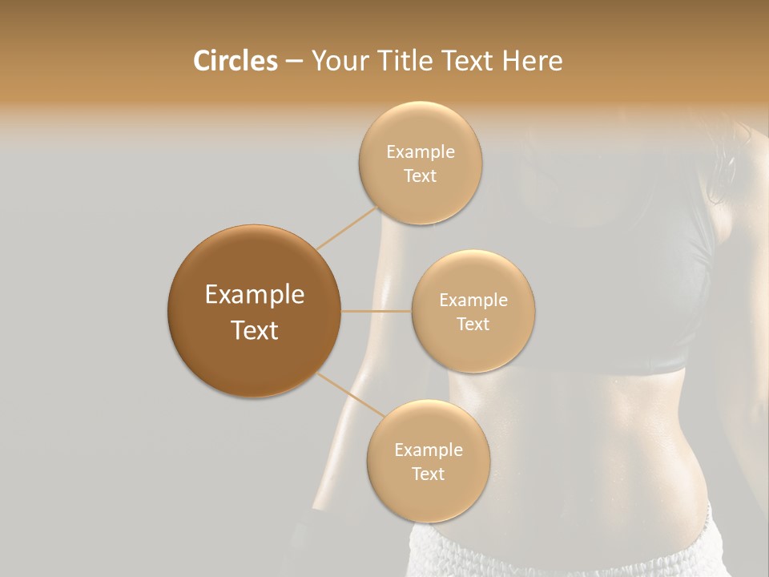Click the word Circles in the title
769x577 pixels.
(x=235, y=61)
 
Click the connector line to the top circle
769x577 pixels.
(x=348, y=228)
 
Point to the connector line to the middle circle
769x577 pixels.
(x=376, y=311)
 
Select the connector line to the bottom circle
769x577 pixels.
(x=352, y=394)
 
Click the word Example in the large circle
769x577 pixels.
(x=255, y=295)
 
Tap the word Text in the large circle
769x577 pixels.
(x=255, y=330)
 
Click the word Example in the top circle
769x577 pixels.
(x=421, y=151)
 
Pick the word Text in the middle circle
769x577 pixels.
(x=473, y=324)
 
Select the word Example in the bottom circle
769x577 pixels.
(x=429, y=450)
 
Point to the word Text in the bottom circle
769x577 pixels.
(x=428, y=474)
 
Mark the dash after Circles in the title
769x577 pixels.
(x=293, y=61)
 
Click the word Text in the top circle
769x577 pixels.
(x=420, y=176)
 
